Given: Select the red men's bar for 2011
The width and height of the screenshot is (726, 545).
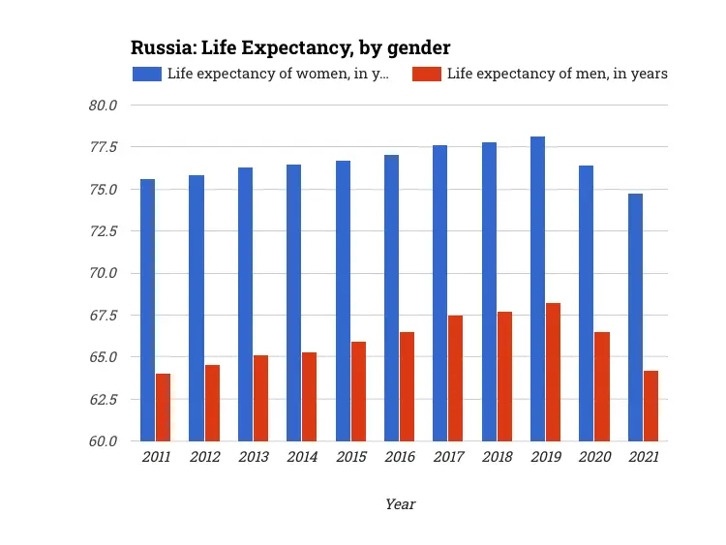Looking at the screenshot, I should [163, 408].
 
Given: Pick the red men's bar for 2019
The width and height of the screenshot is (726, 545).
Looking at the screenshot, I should [553, 372].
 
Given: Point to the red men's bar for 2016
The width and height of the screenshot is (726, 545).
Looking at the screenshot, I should [407, 386].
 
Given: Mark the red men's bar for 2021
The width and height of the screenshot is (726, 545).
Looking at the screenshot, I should [650, 406].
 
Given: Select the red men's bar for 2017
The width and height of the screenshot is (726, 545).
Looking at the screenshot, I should [455, 378].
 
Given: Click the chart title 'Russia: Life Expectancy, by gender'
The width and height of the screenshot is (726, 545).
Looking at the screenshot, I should [290, 47].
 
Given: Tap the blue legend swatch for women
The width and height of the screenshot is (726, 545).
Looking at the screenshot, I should [146, 74].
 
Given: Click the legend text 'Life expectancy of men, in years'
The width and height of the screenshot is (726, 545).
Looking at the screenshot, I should [557, 74].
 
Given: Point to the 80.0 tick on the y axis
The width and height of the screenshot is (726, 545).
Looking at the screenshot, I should [103, 106].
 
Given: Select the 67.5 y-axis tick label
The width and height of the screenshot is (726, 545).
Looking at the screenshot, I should [103, 316].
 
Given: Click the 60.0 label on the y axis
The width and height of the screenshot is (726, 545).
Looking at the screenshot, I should [103, 441].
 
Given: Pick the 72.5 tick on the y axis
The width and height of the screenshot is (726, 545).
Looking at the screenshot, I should [103, 231].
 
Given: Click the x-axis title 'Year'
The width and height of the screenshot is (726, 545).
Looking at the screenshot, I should [400, 504].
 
